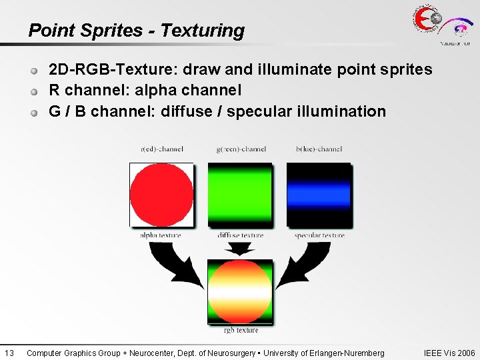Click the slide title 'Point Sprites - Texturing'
coord(136,31)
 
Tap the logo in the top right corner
coord(441,25)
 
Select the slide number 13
coord(9,353)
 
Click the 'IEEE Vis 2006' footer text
coord(449,353)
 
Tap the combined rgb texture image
coord(240,291)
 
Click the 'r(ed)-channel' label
coord(161,149)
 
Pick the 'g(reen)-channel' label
coord(241,149)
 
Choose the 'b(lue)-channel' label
coord(319,149)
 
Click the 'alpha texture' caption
coord(161,235)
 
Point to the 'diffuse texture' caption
coord(240,235)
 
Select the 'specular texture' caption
coord(319,235)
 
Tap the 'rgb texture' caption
coord(241,330)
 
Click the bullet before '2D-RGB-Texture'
coord(33,70)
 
